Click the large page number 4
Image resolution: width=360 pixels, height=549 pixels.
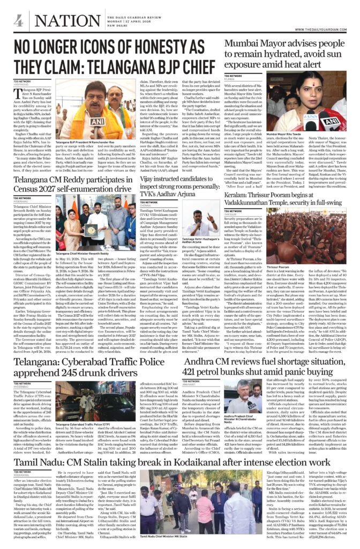pos(19,21)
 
